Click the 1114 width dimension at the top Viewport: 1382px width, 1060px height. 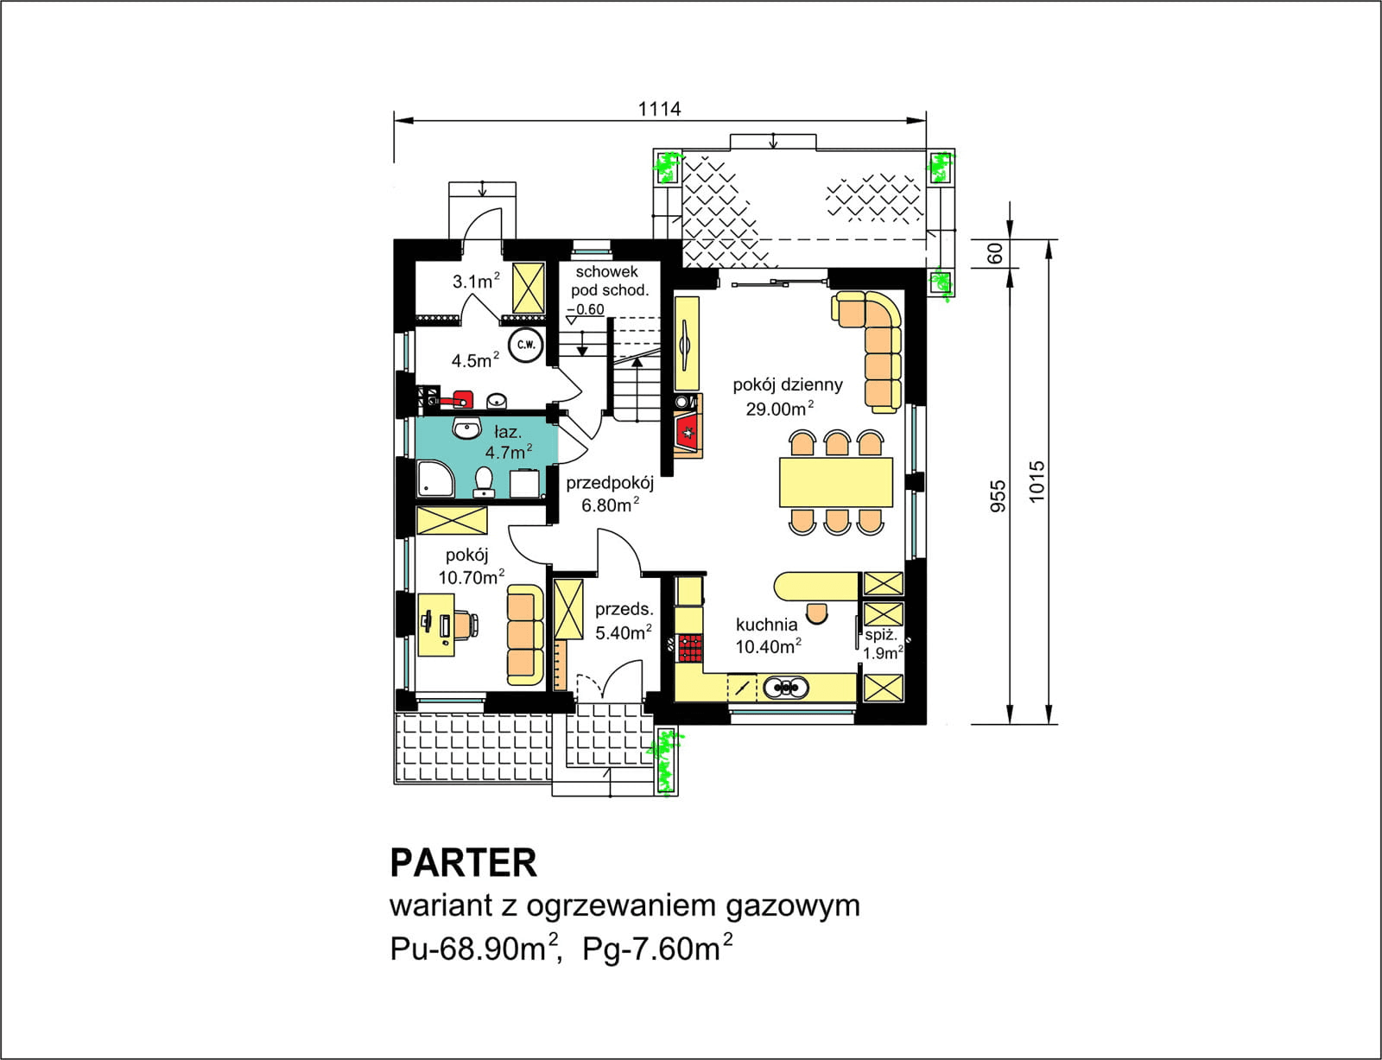click(x=659, y=109)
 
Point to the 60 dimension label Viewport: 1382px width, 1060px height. click(x=995, y=253)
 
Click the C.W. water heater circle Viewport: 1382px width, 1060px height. click(x=524, y=346)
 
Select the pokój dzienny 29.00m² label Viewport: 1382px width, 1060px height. click(x=786, y=397)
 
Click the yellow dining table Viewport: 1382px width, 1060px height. click(x=835, y=482)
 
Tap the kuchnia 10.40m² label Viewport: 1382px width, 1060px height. click(x=767, y=635)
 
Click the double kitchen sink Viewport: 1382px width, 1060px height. click(x=785, y=688)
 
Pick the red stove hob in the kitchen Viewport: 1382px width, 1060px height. click(x=690, y=647)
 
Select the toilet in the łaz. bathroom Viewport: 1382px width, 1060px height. click(x=484, y=481)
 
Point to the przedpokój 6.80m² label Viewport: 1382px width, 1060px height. click(x=610, y=494)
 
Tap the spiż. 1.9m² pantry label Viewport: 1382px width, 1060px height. click(x=882, y=644)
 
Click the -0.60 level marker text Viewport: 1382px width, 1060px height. click(x=587, y=309)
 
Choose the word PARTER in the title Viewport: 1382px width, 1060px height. click(x=464, y=862)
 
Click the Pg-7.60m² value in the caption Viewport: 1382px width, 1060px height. click(x=657, y=949)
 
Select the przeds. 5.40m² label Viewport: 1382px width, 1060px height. click(x=624, y=621)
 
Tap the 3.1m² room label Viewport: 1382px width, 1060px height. click(x=476, y=282)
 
